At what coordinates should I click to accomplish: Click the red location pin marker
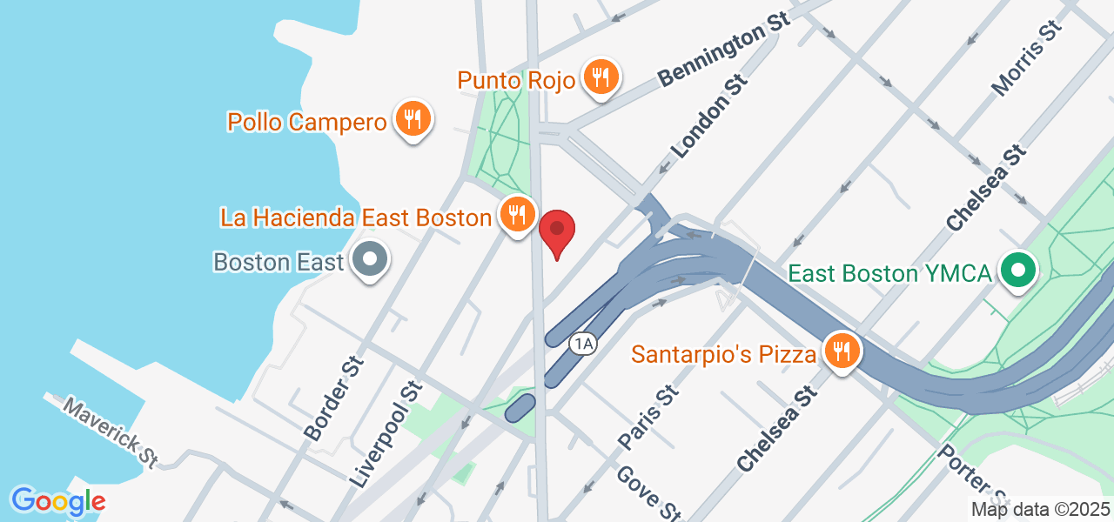557,231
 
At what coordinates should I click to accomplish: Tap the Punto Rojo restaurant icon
601,77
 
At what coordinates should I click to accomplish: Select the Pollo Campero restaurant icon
413,120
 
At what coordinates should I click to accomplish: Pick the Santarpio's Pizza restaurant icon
842,351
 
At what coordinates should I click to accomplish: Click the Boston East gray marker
370,259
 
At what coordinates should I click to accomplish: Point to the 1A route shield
582,344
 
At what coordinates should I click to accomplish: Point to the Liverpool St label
386,432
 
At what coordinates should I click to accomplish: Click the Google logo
58,501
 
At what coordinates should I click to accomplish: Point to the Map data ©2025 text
1041,510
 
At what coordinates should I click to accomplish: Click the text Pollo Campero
306,122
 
